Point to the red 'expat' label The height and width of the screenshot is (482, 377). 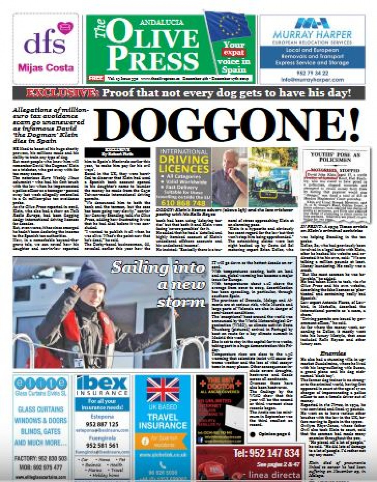click(x=233, y=52)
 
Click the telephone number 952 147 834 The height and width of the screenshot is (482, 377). click(x=267, y=453)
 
